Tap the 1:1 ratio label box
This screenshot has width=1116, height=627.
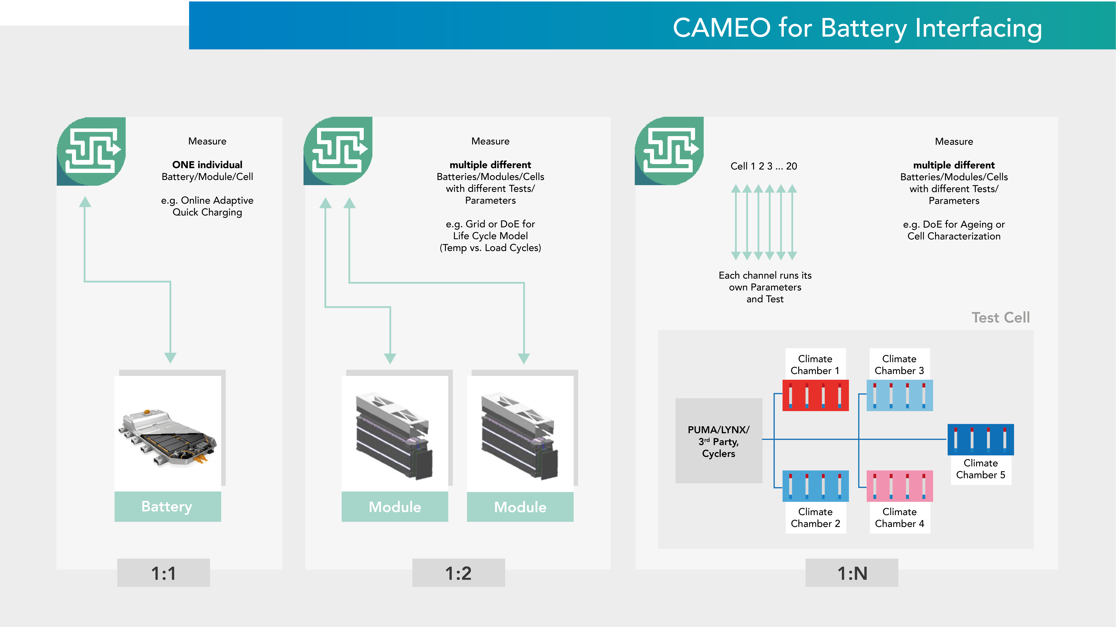pos(163,573)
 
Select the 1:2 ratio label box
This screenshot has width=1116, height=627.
pos(458,573)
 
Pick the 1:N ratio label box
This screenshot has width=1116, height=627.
pos(852,573)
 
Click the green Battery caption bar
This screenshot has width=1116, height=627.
pos(168,506)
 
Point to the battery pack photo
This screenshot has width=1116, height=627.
pos(168,437)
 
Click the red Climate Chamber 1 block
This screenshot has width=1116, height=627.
pos(815,395)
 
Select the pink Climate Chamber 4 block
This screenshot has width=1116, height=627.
pos(899,486)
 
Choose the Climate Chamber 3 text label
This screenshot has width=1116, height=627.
pos(899,364)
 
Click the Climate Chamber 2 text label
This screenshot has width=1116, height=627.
pos(815,518)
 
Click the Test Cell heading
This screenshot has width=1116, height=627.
pos(1000,318)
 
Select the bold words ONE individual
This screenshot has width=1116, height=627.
pos(207,165)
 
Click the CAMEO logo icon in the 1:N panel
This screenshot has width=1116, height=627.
pos(669,151)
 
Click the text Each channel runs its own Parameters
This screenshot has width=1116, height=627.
pos(765,281)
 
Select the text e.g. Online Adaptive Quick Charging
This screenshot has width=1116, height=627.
pos(207,206)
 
